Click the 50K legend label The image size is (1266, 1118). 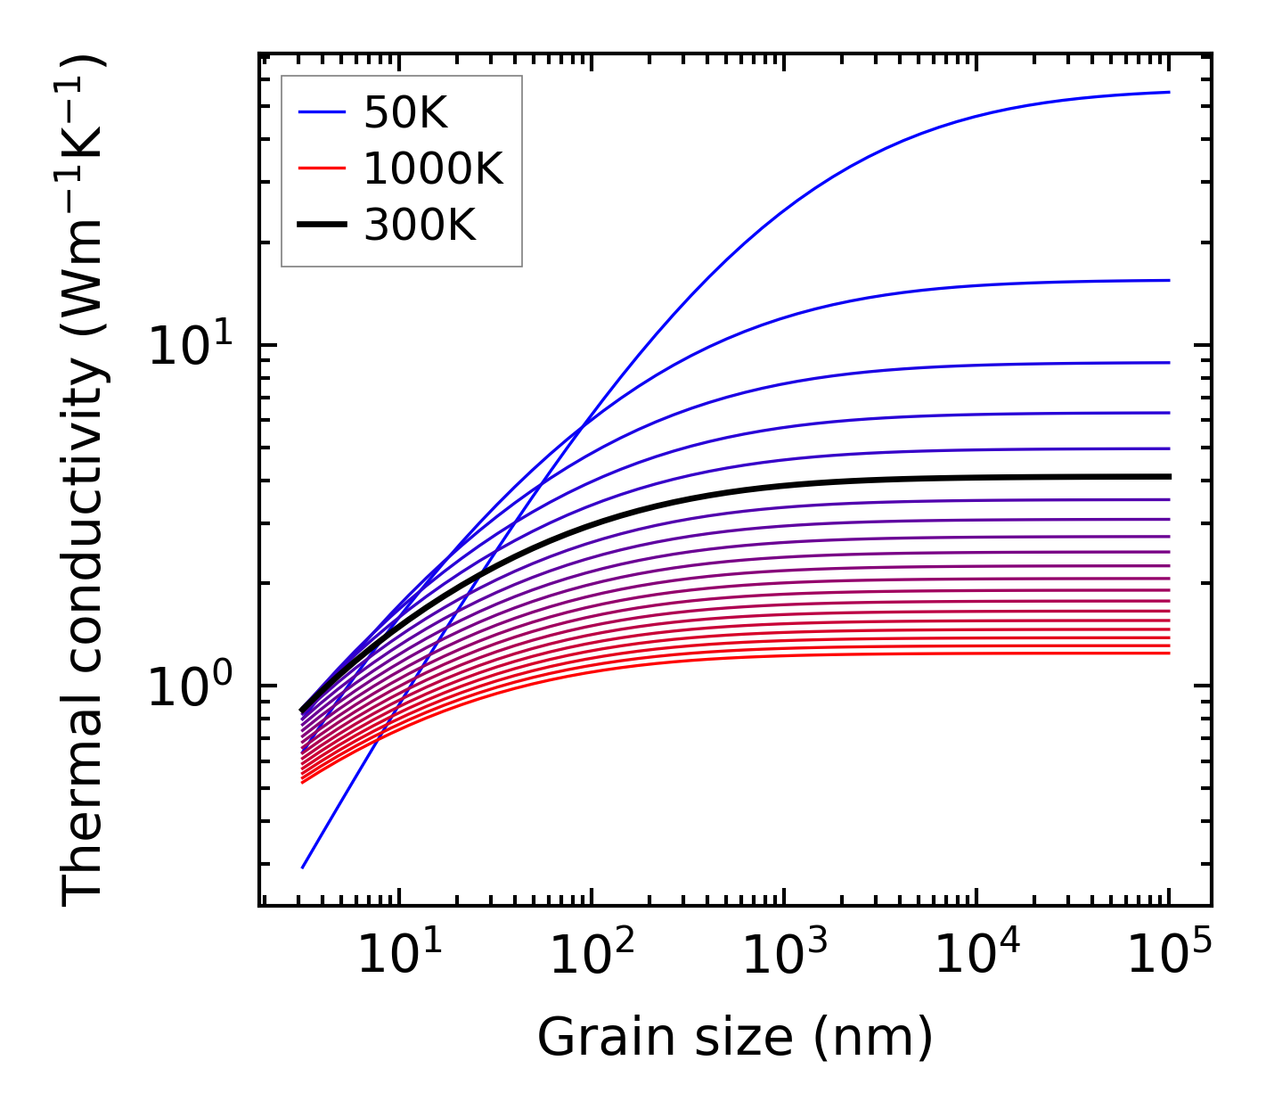coord(405,112)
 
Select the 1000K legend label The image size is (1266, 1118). coord(433,169)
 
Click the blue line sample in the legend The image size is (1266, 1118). coord(322,112)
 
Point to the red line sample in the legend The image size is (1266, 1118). coord(322,169)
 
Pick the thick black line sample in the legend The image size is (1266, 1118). coord(322,226)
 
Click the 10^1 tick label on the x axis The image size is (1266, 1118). coord(398,955)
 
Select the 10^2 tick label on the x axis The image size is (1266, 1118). coord(591,955)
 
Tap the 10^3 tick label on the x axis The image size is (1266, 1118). coord(783,955)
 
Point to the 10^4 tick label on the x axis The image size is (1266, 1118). coord(976,955)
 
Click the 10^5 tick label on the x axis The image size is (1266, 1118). coord(1169,955)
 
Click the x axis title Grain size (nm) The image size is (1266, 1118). coord(735,1038)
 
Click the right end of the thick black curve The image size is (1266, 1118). coord(1168,476)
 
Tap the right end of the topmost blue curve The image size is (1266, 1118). coord(1168,92)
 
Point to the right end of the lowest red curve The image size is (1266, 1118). coord(1168,654)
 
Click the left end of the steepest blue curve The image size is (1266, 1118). coord(303,867)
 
